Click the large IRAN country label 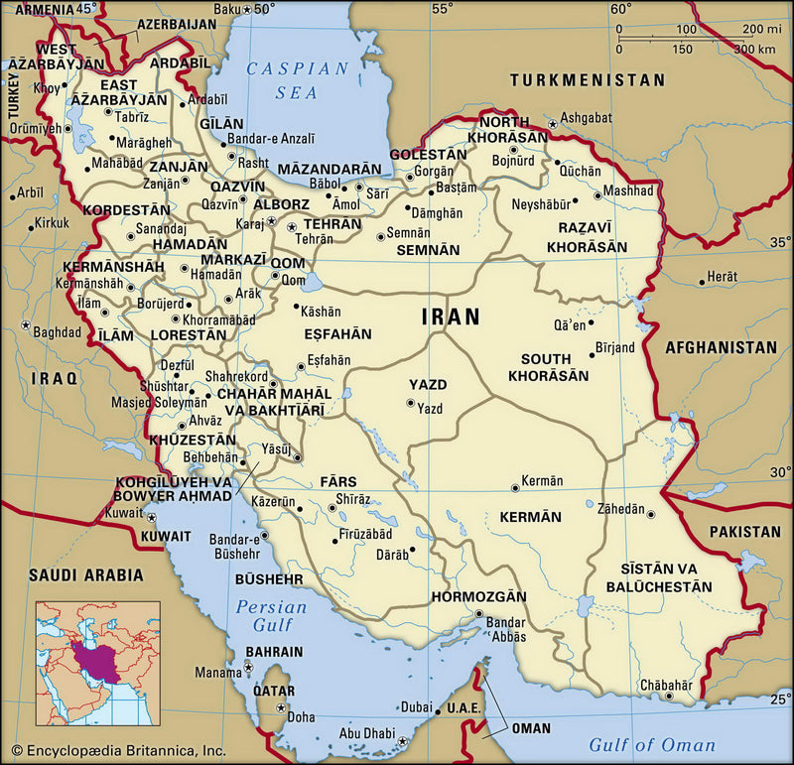[451, 317]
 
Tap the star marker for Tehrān [292, 227]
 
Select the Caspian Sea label [297, 80]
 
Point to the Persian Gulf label [264, 615]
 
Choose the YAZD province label [428, 384]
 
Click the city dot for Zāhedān [652, 513]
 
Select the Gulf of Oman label [651, 744]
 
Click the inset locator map [98, 663]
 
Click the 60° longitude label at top [621, 9]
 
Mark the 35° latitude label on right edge [780, 240]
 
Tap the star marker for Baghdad [24, 325]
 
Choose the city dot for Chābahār [668, 698]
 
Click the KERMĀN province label [530, 517]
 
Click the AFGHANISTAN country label [721, 347]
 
